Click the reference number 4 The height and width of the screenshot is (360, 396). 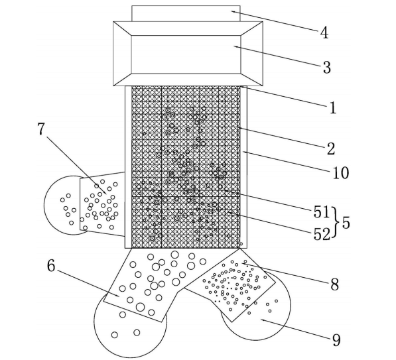pyautogui.click(x=324, y=33)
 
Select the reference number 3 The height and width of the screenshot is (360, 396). pyautogui.click(x=327, y=68)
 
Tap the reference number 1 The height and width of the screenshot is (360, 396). pyautogui.click(x=333, y=107)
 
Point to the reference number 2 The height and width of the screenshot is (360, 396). pyautogui.click(x=331, y=149)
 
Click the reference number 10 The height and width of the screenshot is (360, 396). pyautogui.click(x=341, y=173)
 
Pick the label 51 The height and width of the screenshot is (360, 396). pyautogui.click(x=322, y=211)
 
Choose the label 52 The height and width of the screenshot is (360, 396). pyautogui.click(x=322, y=234)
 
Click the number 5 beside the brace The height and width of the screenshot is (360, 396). pyautogui.click(x=346, y=223)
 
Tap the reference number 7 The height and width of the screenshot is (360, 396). pyautogui.click(x=41, y=129)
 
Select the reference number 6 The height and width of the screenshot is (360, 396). pyautogui.click(x=51, y=266)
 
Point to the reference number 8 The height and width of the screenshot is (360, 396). pyautogui.click(x=334, y=284)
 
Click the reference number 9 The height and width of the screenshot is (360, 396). pyautogui.click(x=336, y=340)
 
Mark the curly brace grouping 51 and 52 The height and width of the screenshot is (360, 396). pyautogui.click(x=335, y=222)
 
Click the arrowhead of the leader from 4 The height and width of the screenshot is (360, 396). pyautogui.click(x=233, y=11)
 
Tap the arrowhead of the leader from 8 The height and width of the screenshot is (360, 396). pyautogui.click(x=244, y=264)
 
